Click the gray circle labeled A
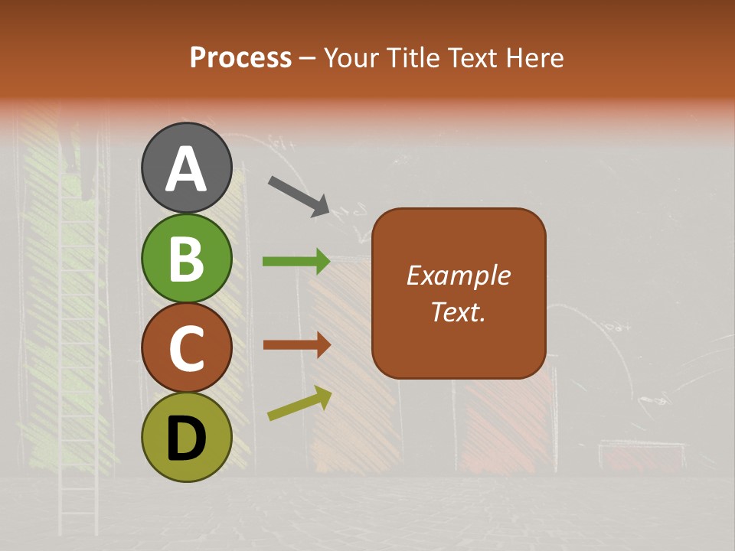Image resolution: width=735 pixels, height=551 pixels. tap(187, 167)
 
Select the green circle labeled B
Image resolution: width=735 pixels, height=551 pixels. tap(187, 258)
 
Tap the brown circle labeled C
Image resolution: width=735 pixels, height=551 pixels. tap(187, 347)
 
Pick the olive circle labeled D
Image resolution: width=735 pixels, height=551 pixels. tap(187, 437)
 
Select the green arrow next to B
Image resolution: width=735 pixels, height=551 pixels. tap(296, 262)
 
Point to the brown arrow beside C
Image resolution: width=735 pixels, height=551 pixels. tap(296, 345)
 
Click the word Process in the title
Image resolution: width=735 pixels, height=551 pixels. tap(240, 57)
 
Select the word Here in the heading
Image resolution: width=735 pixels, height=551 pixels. tap(538, 57)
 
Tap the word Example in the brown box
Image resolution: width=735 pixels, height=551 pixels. tap(458, 275)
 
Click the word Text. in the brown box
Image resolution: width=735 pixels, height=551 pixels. tap(458, 311)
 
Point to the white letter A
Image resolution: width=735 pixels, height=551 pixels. tap(187, 168)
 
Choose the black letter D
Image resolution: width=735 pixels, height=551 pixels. tap(187, 438)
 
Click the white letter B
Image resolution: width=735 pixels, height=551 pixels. tap(187, 259)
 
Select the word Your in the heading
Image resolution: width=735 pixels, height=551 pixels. tap(352, 57)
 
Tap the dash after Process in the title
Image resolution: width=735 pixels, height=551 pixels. tap(308, 59)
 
